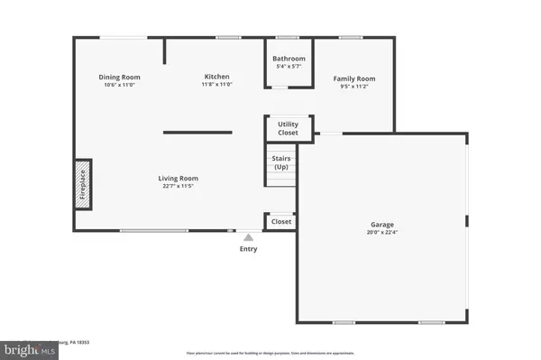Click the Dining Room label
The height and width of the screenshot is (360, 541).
pyautogui.click(x=119, y=78)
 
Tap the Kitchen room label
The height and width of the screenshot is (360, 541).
pyautogui.click(x=215, y=77)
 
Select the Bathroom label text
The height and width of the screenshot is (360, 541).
pyautogui.click(x=289, y=59)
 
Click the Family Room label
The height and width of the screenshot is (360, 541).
pyautogui.click(x=354, y=78)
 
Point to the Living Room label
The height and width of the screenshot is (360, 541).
pyautogui.click(x=179, y=179)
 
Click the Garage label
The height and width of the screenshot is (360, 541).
pyautogui.click(x=381, y=225)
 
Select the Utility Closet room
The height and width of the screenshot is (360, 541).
pyautogui.click(x=288, y=128)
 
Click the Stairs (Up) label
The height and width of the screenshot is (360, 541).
pyautogui.click(x=280, y=162)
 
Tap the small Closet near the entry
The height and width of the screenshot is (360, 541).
pyautogui.click(x=281, y=221)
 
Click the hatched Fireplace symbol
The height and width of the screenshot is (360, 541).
pyautogui.click(x=83, y=185)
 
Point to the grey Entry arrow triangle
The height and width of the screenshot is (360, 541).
pyautogui.click(x=248, y=237)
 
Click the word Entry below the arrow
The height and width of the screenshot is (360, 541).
pyautogui.click(x=248, y=249)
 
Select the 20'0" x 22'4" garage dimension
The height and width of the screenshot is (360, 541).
pyautogui.click(x=381, y=232)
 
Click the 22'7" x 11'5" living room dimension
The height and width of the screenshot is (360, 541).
pyautogui.click(x=179, y=186)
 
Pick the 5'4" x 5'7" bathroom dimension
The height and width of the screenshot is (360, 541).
pyautogui.click(x=289, y=66)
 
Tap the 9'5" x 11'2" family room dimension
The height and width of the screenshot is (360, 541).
pyautogui.click(x=354, y=86)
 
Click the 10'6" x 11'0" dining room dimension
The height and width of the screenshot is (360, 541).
pyautogui.click(x=119, y=85)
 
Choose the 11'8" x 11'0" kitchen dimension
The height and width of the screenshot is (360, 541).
pyautogui.click(x=215, y=84)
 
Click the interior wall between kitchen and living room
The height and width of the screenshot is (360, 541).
pyautogui.click(x=198, y=133)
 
